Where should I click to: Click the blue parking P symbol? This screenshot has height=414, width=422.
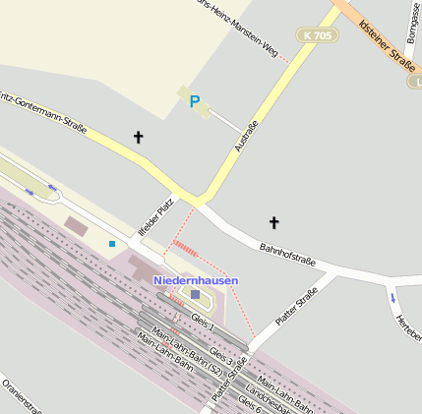[194, 101]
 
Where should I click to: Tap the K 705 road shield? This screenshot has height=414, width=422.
[317, 35]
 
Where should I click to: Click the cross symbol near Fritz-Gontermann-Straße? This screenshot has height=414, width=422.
[138, 138]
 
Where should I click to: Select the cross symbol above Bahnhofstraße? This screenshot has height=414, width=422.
[273, 223]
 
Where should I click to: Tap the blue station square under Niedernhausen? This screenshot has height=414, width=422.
[195, 294]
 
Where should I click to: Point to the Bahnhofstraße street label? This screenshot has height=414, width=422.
[287, 255]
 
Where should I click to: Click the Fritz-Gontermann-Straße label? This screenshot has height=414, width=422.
[43, 114]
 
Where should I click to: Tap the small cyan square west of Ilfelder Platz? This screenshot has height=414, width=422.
[112, 243]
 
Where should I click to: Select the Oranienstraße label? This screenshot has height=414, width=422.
[20, 395]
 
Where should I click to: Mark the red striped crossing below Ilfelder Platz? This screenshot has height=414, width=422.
[184, 246]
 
